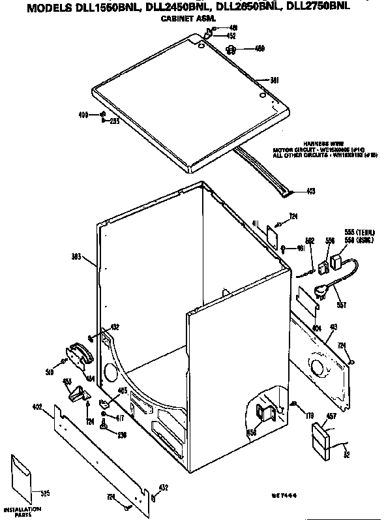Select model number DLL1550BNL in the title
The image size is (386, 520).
[94, 8]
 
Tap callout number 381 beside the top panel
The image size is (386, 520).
[274, 81]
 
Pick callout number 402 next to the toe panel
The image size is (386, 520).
[37, 407]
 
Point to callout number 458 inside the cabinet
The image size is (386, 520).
[251, 432]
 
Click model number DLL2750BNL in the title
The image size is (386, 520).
[319, 8]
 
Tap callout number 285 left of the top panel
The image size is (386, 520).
[113, 121]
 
